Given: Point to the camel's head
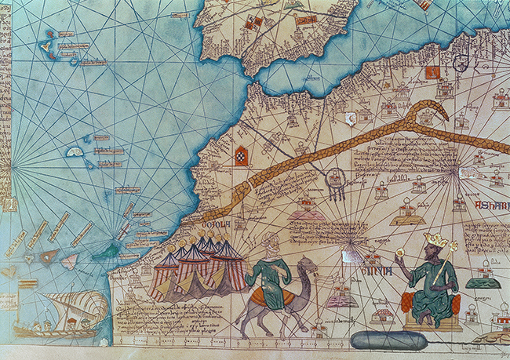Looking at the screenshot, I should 308,269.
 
